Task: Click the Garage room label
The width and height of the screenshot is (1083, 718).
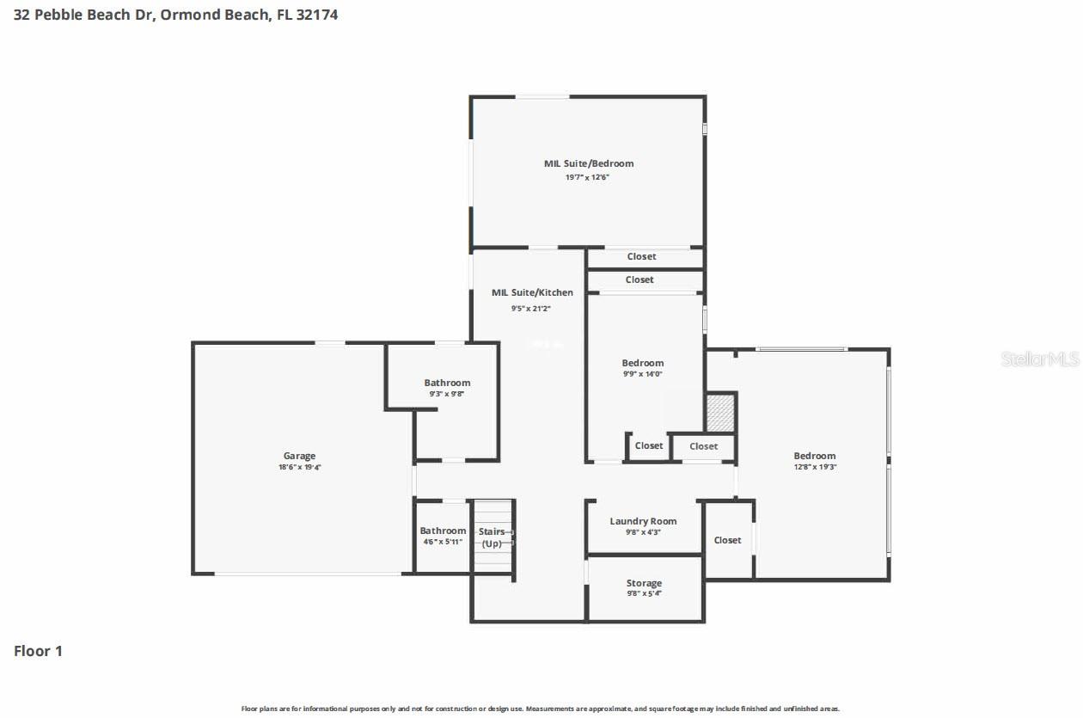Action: pos(299,456)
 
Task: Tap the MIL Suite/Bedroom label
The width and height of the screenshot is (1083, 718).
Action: pos(588,163)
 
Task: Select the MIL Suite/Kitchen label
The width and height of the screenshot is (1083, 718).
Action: pos(532,292)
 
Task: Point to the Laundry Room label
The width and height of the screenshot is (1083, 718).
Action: pos(643,521)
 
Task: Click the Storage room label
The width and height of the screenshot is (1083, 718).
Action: pos(644,583)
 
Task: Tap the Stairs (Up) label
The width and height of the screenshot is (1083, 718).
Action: pos(492,537)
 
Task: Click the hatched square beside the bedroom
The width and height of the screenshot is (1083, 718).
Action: pos(720,413)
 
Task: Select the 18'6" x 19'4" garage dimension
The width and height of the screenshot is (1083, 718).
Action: pos(299,468)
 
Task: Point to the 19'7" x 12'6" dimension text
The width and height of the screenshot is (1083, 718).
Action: pos(588,176)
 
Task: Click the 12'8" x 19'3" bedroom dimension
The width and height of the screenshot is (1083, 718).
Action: pos(814,468)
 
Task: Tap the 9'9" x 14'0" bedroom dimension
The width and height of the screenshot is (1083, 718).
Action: pos(643,374)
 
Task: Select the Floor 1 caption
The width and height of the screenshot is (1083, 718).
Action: pos(38,651)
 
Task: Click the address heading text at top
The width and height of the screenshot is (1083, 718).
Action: pos(175,15)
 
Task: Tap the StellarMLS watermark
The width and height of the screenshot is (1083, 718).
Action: pos(1039,359)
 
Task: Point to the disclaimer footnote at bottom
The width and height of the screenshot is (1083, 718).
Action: pos(540,709)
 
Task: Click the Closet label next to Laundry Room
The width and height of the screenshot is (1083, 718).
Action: pos(727,540)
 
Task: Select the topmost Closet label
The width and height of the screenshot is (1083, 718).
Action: pos(641,256)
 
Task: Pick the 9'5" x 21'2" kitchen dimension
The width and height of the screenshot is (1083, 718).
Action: pos(532,307)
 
